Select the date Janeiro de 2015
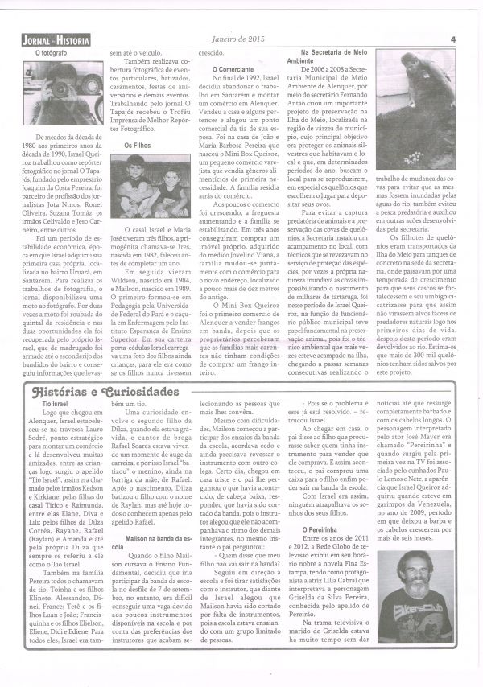pyautogui.click(x=246, y=38)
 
